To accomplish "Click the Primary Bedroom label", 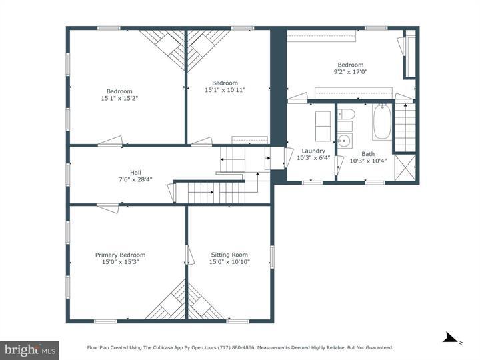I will coord(120,255).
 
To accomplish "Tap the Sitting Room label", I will coord(229,255).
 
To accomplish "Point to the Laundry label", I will coord(313,151).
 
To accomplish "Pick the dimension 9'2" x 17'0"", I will coord(350,72).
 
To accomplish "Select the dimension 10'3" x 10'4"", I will coord(368,161).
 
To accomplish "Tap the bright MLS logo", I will coord(29,349).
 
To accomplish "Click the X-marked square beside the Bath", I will coord(405,167).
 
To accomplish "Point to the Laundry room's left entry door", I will coord(287,157).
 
